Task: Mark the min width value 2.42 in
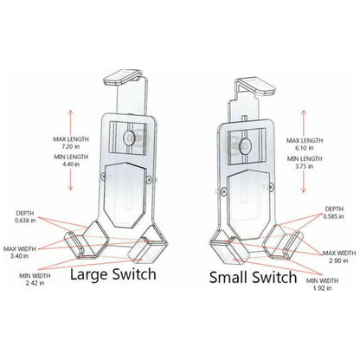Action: coord(29,283)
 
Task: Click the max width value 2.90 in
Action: coord(339,259)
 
